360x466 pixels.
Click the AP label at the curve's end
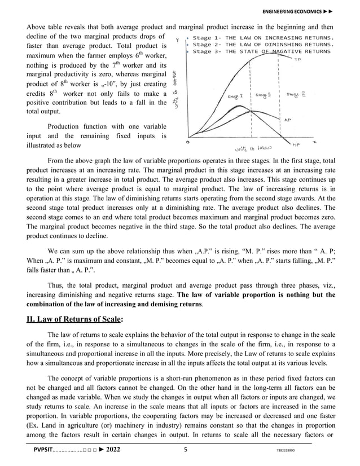[x=287, y=120]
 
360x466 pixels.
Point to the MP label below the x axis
[x=296, y=144]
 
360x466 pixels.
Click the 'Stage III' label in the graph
[x=294, y=94]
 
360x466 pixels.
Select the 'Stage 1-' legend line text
[x=207, y=38]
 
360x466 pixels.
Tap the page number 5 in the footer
[x=185, y=450]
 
